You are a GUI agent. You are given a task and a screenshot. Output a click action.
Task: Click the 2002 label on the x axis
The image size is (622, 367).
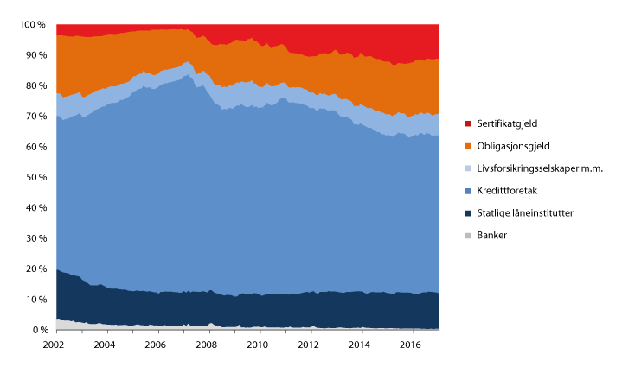tap(55, 344)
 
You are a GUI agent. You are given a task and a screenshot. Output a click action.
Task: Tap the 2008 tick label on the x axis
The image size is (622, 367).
tap(207, 344)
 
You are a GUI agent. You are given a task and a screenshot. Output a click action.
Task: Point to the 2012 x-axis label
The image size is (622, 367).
tap(309, 344)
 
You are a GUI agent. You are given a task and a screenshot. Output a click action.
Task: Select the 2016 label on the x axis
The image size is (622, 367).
tap(410, 344)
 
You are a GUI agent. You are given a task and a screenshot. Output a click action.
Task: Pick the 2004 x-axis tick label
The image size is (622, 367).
tap(106, 344)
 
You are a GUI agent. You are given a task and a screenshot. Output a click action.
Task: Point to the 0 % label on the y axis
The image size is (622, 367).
tap(39, 330)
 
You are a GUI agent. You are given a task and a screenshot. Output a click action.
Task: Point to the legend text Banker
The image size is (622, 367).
tap(491, 235)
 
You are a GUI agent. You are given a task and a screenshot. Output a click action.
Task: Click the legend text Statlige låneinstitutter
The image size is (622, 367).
tap(524, 212)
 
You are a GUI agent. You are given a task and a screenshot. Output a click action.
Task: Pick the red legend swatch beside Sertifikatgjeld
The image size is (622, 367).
tap(468, 124)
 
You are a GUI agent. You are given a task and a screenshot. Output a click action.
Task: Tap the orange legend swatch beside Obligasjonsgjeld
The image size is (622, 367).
tap(468, 146)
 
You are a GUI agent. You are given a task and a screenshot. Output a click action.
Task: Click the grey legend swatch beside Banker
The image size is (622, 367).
tap(468, 235)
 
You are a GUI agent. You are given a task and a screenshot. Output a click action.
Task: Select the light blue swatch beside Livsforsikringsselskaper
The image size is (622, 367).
tap(468, 168)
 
